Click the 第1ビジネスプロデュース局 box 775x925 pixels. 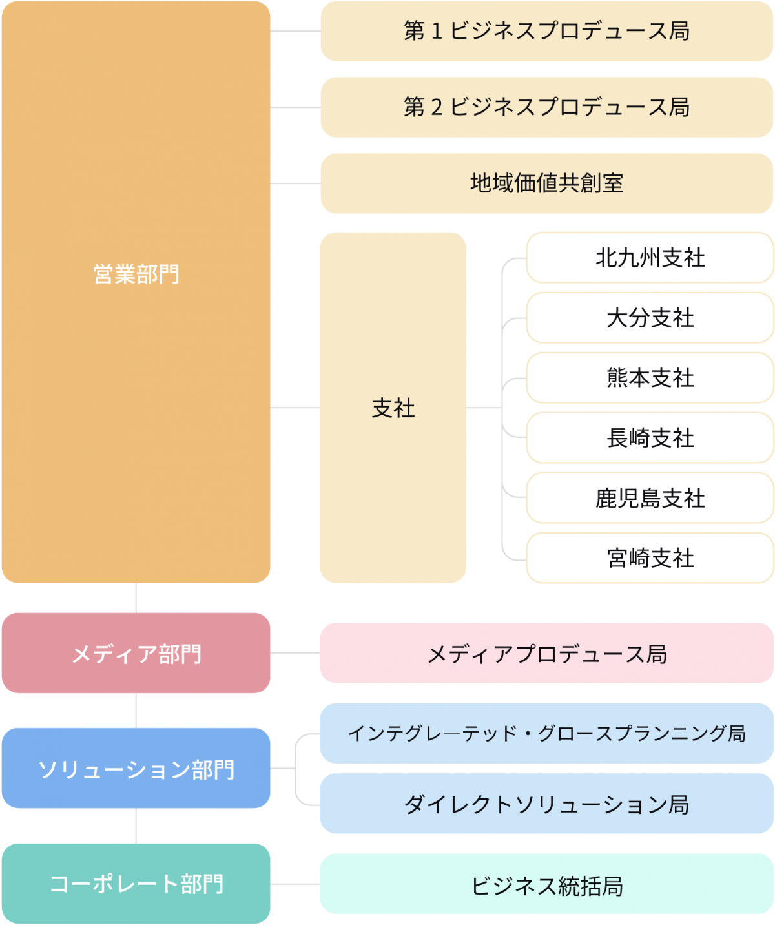(546, 31)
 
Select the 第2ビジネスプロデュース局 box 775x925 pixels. (546, 107)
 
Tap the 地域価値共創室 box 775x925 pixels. (546, 183)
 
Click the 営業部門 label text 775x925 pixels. (136, 275)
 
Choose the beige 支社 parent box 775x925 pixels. (393, 408)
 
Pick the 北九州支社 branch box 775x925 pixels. (650, 258)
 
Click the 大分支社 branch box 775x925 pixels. (650, 318)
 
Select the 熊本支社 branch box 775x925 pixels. (650, 378)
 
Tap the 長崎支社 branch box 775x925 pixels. (650, 438)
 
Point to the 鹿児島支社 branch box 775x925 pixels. (650, 498)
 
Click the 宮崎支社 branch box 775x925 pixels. (650, 558)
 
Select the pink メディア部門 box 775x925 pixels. (136, 653)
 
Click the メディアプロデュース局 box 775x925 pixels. (546, 653)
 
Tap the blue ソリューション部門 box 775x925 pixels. (136, 768)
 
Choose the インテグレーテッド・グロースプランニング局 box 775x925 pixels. (546, 733)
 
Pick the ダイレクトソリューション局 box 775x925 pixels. (546, 804)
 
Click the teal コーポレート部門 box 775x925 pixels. (136, 884)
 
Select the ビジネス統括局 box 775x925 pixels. (546, 884)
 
